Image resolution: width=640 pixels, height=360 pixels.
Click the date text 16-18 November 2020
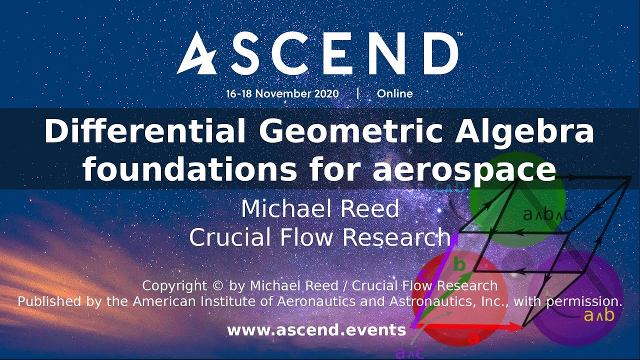tap(282, 93)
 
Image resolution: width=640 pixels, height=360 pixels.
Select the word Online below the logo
tap(394, 93)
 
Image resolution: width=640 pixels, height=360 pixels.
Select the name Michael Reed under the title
tap(320, 208)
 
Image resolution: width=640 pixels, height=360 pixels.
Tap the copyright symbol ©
tap(217, 286)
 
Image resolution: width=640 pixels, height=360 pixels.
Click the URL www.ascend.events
tap(316, 330)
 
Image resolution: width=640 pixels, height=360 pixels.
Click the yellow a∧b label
tap(598, 315)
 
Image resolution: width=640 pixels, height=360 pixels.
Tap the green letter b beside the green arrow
tap(459, 264)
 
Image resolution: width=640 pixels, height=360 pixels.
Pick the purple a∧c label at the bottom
tap(410, 353)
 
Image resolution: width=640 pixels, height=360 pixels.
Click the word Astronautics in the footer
tap(402, 301)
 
